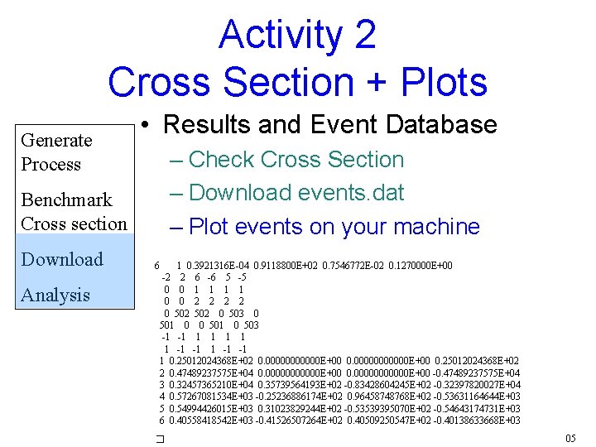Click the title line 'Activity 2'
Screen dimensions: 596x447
tap(297, 35)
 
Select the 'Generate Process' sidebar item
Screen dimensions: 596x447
tap(56, 152)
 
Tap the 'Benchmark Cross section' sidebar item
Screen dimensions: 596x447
tap(73, 212)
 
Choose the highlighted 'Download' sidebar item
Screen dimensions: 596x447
tap(62, 259)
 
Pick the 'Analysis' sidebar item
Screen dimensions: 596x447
tap(55, 295)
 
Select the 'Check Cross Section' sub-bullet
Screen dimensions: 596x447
tap(296, 160)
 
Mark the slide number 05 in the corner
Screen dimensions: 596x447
tap(570, 438)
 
